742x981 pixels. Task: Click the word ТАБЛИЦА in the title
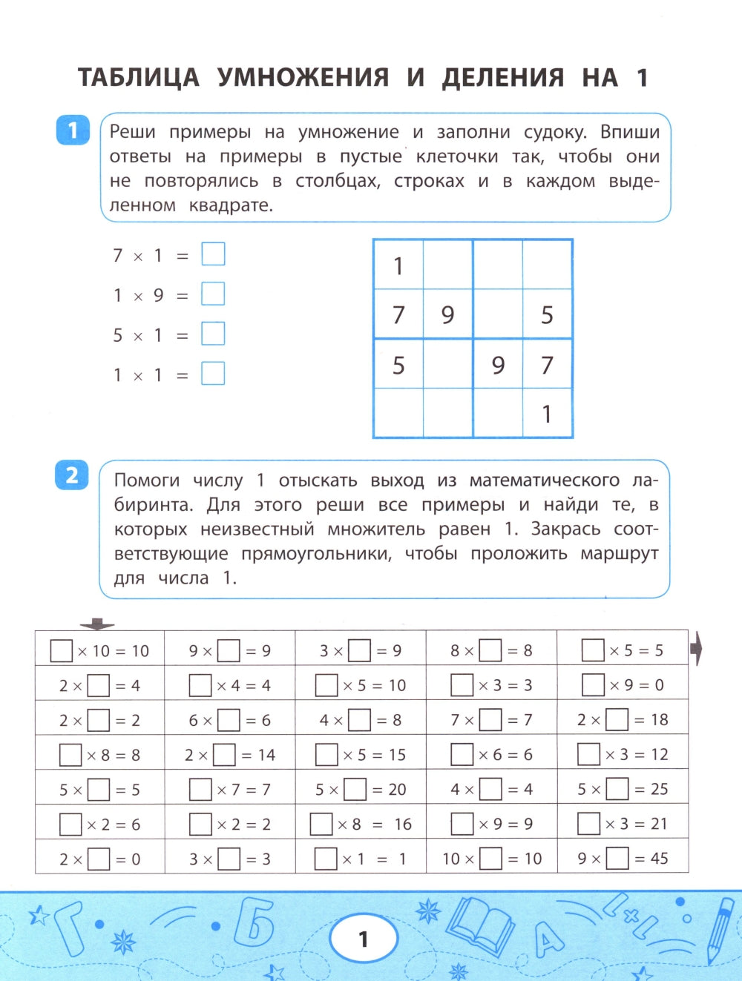pyautogui.click(x=139, y=77)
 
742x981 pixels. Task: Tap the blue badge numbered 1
pyautogui.click(x=73, y=131)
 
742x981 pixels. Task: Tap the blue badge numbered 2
pyautogui.click(x=72, y=475)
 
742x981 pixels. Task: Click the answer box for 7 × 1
pyautogui.click(x=213, y=254)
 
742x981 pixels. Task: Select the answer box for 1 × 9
pyautogui.click(x=213, y=294)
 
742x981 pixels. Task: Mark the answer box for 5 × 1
pyautogui.click(x=213, y=334)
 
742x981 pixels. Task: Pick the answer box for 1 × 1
pyautogui.click(x=213, y=373)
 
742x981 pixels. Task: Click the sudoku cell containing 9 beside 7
pyautogui.click(x=447, y=314)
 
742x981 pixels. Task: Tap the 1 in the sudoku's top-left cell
pyautogui.click(x=398, y=265)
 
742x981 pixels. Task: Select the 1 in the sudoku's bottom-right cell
pyautogui.click(x=547, y=414)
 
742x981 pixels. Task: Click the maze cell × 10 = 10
pyautogui.click(x=100, y=650)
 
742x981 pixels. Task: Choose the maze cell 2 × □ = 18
pyautogui.click(x=623, y=719)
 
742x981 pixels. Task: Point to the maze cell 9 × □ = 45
pyautogui.click(x=623, y=858)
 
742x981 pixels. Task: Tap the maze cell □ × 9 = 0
pyautogui.click(x=623, y=684)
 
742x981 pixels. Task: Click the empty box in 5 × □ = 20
pyautogui.click(x=355, y=789)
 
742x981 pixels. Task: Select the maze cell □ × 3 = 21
pyautogui.click(x=623, y=823)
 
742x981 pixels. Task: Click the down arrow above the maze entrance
pyautogui.click(x=97, y=624)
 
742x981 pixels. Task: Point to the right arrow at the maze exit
pyautogui.click(x=695, y=650)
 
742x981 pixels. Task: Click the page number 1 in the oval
pyautogui.click(x=363, y=939)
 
